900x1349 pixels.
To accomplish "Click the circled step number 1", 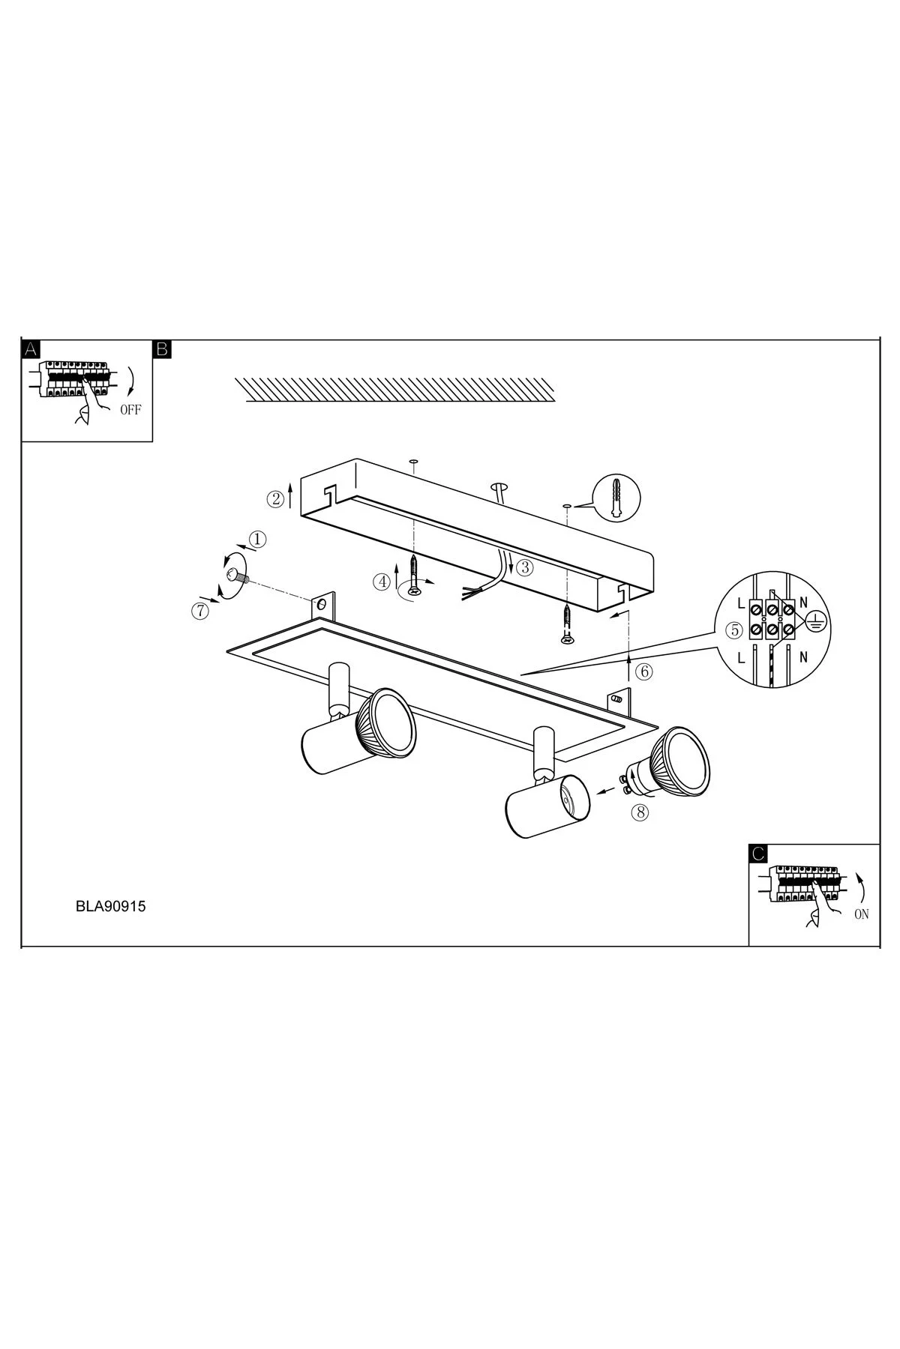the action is pyautogui.click(x=257, y=539).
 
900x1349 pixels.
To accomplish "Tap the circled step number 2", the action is pyautogui.click(x=276, y=498).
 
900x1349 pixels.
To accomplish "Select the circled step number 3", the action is pyautogui.click(x=525, y=567).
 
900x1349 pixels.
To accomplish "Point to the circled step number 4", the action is pyautogui.click(x=383, y=581).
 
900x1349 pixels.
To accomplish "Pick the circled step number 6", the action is pyautogui.click(x=643, y=672).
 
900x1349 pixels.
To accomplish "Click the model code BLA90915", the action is pyautogui.click(x=110, y=905).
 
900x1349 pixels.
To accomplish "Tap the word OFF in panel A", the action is pyautogui.click(x=130, y=410).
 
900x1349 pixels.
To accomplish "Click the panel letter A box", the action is pyautogui.click(x=31, y=348).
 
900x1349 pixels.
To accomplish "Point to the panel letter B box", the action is pyautogui.click(x=162, y=348).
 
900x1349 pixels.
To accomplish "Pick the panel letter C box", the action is pyautogui.click(x=758, y=853).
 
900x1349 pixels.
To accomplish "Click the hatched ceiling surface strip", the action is pyautogui.click(x=395, y=389).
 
